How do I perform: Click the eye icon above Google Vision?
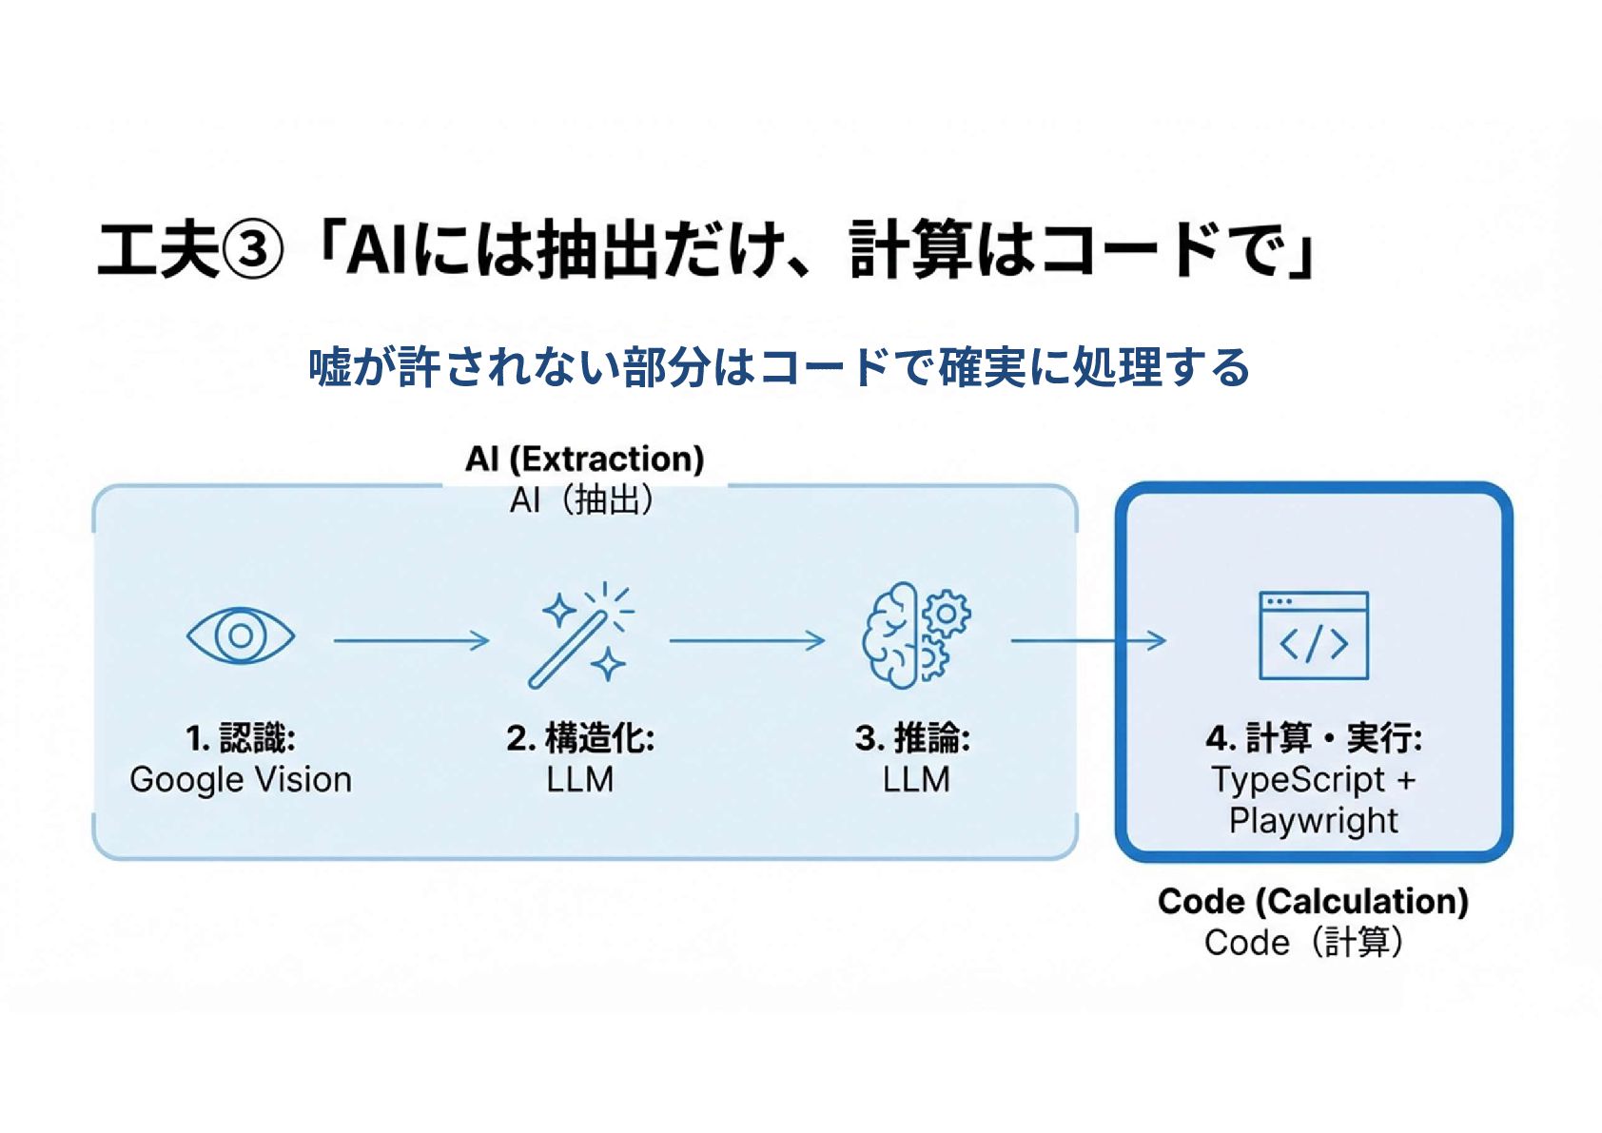pyautogui.click(x=241, y=635)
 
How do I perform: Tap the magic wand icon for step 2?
pyautogui.click(x=580, y=635)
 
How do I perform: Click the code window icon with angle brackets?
pyautogui.click(x=1313, y=635)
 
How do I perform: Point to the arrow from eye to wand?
pyautogui.click(x=411, y=641)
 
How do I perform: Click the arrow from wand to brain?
pyautogui.click(x=747, y=641)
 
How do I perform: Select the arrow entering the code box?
pyautogui.click(x=1088, y=641)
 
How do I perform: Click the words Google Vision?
pyautogui.click(x=241, y=780)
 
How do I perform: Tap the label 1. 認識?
pyautogui.click(x=241, y=738)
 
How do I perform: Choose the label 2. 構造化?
pyautogui.click(x=580, y=738)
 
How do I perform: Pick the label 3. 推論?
pyautogui.click(x=912, y=738)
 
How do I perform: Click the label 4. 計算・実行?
pyautogui.click(x=1313, y=738)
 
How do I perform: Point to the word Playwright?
pyautogui.click(x=1313, y=820)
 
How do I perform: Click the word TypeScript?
pyautogui.click(x=1298, y=780)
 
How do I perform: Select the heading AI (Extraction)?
pyautogui.click(x=584, y=459)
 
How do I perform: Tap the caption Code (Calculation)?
pyautogui.click(x=1313, y=901)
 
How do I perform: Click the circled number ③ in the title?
pyautogui.click(x=252, y=251)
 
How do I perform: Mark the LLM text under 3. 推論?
pyautogui.click(x=915, y=780)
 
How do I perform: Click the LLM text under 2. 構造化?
pyautogui.click(x=580, y=780)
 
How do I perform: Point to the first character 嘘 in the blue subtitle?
pyautogui.click(x=330, y=367)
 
